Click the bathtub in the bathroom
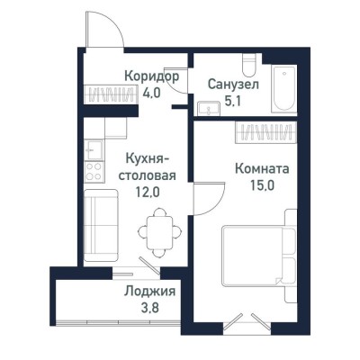(285, 88)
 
